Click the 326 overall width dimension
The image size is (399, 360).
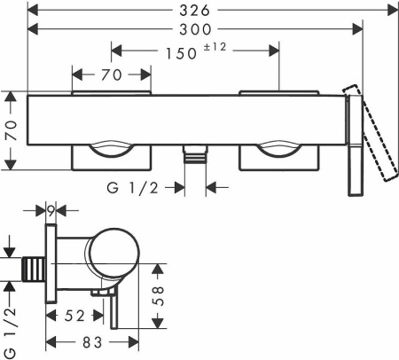point(195,11)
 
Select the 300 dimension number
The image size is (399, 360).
point(195,29)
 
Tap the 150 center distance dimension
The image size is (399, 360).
point(181,53)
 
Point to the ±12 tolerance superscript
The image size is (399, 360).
point(215,47)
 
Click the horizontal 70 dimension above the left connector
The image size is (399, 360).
point(112,74)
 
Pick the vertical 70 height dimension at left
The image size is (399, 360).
point(11,130)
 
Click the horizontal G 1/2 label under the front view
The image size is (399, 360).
point(133,188)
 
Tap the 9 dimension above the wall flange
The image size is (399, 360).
point(51,211)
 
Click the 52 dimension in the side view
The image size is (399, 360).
point(74,316)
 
